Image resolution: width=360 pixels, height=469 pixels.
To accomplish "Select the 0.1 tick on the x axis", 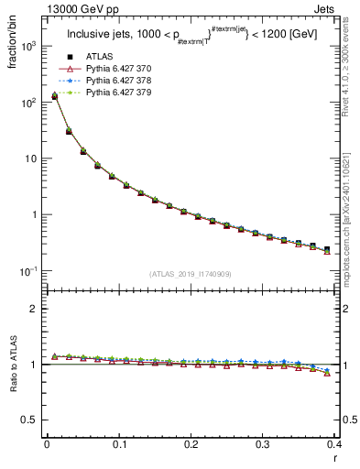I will click(x=118, y=443).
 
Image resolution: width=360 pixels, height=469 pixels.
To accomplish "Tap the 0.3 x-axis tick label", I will click(x=262, y=443).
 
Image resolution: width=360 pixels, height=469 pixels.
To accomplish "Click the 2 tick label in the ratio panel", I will click(x=36, y=309).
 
